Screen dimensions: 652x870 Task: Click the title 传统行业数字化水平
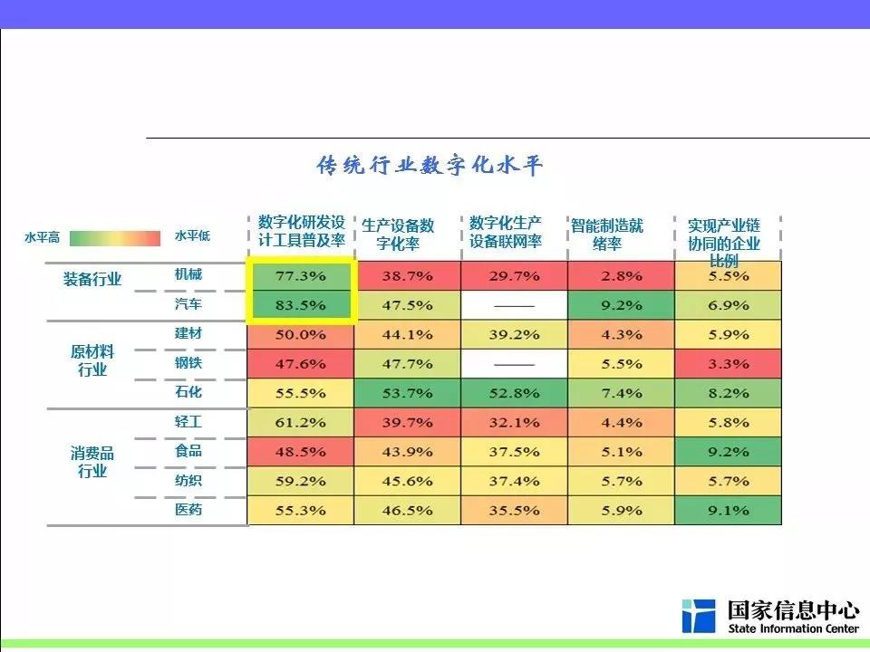click(x=430, y=167)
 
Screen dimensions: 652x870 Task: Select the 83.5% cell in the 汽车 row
click(x=300, y=305)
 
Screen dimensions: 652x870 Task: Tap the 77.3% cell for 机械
click(x=300, y=275)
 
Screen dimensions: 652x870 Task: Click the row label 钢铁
click(x=188, y=363)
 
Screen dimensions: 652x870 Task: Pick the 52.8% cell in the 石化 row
click(x=514, y=393)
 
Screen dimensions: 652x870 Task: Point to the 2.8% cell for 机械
click(x=621, y=275)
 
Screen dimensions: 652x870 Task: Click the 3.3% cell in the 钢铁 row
click(x=728, y=364)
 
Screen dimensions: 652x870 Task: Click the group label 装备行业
click(x=92, y=279)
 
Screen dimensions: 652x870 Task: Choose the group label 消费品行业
click(x=92, y=462)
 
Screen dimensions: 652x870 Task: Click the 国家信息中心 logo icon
click(x=699, y=616)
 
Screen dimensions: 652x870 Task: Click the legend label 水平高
click(x=42, y=237)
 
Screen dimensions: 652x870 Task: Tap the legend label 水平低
click(x=192, y=236)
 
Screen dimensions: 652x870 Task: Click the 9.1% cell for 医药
click(x=728, y=511)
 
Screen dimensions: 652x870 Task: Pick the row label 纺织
click(x=188, y=480)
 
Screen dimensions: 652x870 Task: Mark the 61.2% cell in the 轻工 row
click(x=300, y=422)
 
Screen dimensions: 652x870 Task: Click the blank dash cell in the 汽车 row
click(x=514, y=305)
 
